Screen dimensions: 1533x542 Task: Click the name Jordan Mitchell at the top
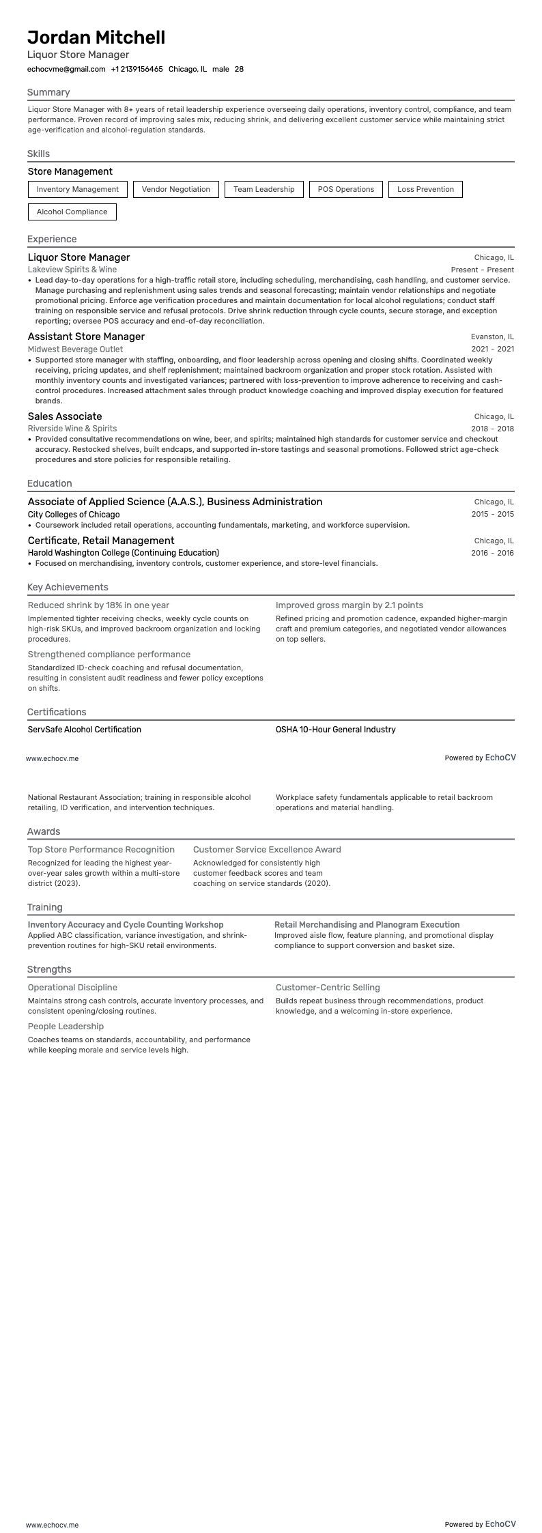tap(96, 38)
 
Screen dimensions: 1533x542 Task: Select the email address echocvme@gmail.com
tap(66, 69)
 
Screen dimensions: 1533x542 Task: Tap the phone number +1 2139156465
tap(137, 69)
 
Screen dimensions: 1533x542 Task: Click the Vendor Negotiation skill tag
tap(176, 189)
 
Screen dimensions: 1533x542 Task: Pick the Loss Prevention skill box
tap(425, 189)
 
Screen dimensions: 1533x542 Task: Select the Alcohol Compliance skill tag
tap(72, 212)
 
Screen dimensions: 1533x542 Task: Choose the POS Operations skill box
tap(346, 189)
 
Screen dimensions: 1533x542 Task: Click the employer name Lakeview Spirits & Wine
tap(72, 270)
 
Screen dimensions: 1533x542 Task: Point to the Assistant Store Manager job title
tap(86, 336)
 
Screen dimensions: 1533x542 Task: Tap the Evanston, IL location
tap(492, 336)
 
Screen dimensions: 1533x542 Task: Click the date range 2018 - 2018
tap(492, 429)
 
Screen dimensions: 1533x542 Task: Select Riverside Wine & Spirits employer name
tap(72, 429)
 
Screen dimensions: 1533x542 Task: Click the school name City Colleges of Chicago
tap(74, 514)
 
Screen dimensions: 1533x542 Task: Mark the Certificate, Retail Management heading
tap(101, 541)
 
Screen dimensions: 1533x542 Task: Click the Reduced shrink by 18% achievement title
tap(98, 605)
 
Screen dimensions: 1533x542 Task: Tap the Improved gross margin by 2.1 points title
tap(349, 605)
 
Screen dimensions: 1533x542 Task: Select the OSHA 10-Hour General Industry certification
tap(335, 730)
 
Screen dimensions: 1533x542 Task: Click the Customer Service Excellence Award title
tap(267, 850)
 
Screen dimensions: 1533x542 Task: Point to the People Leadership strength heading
tap(66, 1027)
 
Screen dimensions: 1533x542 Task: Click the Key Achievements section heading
tap(68, 587)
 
